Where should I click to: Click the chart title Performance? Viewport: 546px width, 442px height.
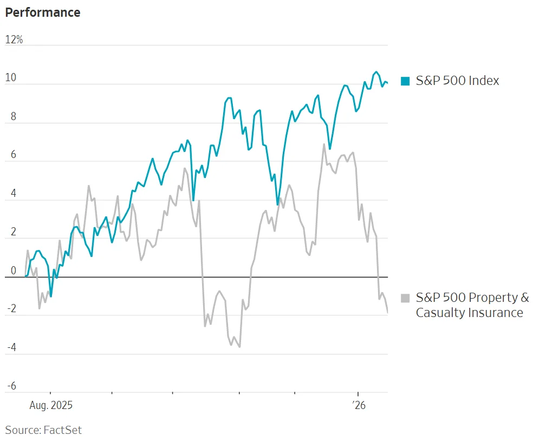pyautogui.click(x=43, y=12)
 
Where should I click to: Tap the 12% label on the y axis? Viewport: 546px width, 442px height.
pyautogui.click(x=14, y=40)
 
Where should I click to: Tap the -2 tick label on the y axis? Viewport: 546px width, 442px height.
pyautogui.click(x=10, y=309)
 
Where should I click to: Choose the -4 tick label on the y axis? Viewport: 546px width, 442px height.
pyautogui.click(x=10, y=348)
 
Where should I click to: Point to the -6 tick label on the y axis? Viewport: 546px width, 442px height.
pyautogui.click(x=10, y=386)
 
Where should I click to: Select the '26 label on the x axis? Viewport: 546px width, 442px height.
pyautogui.click(x=359, y=405)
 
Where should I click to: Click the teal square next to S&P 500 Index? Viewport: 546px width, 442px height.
pyautogui.click(x=405, y=81)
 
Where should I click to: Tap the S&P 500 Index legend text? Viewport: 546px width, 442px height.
pyautogui.click(x=457, y=81)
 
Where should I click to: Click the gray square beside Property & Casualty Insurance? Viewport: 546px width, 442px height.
pyautogui.click(x=405, y=298)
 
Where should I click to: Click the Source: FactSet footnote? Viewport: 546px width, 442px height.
pyautogui.click(x=43, y=430)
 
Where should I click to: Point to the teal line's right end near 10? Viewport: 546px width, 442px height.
pyautogui.click(x=387, y=83)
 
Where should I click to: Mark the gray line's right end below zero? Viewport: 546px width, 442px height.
pyautogui.click(x=387, y=312)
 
